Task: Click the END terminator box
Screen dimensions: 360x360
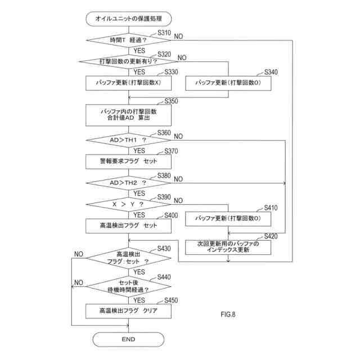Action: pyautogui.click(x=128, y=339)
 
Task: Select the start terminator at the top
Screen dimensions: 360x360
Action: pyautogui.click(x=129, y=19)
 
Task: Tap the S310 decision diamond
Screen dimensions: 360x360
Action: pyautogui.click(x=129, y=40)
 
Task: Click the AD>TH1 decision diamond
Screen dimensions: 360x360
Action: pyautogui.click(x=129, y=140)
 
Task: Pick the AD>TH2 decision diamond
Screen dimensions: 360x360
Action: pyautogui.click(x=129, y=183)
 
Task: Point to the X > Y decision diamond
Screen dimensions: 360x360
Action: pyautogui.click(x=129, y=204)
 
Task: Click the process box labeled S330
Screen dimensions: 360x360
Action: pyautogui.click(x=129, y=83)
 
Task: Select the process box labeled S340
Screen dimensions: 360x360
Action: pyautogui.click(x=228, y=83)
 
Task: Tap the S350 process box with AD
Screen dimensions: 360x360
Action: pyautogui.click(x=129, y=115)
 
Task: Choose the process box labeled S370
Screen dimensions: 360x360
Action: pyautogui.click(x=129, y=161)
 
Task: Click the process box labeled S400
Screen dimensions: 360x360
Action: pyautogui.click(x=129, y=226)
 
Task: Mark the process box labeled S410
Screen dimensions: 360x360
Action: pyautogui.click(x=228, y=219)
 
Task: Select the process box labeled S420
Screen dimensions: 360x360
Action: pyautogui.click(x=228, y=247)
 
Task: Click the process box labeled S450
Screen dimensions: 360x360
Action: pyautogui.click(x=129, y=311)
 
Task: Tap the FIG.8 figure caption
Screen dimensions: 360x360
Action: pyautogui.click(x=228, y=314)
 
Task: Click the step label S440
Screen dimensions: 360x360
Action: pyautogui.click(x=164, y=277)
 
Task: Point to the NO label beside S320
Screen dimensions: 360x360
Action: pyautogui.click(x=182, y=57)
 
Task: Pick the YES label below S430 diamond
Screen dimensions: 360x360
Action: pyautogui.click(x=139, y=272)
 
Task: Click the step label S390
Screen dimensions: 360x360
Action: pyautogui.click(x=164, y=197)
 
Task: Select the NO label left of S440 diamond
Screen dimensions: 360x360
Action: pyautogui.click(x=79, y=282)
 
